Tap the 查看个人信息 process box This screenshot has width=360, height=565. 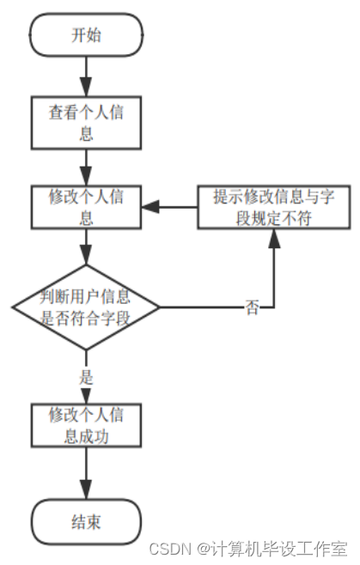(86, 121)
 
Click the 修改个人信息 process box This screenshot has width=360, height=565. (86, 206)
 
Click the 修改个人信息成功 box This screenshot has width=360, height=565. (86, 425)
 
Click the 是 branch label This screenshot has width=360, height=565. (86, 376)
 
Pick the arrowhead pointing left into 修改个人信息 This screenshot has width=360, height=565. (149, 207)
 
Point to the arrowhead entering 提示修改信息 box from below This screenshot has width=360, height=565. (273, 237)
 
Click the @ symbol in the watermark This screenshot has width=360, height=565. (203, 548)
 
